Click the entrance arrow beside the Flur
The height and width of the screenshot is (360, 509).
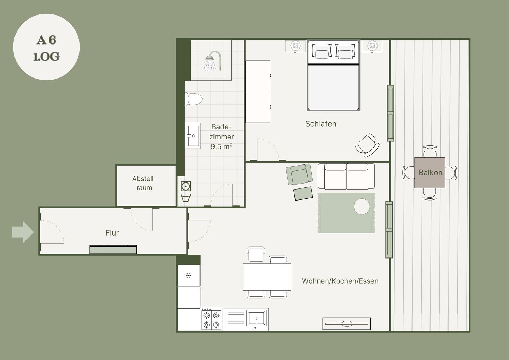(x=23, y=232)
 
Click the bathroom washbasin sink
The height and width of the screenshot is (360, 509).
(x=192, y=136)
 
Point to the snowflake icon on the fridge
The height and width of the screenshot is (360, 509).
(x=188, y=275)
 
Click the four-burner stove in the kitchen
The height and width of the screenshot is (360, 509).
(x=211, y=319)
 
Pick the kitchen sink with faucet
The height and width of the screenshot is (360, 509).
(x=246, y=319)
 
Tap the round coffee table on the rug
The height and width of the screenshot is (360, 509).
(x=362, y=207)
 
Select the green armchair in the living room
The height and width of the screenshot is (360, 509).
(x=299, y=174)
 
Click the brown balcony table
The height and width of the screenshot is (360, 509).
(x=430, y=173)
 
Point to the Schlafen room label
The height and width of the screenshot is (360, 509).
(x=321, y=124)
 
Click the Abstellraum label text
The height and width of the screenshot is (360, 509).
(x=144, y=183)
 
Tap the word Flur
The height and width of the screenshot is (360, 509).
(x=112, y=233)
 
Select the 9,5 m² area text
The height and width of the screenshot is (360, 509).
(x=222, y=147)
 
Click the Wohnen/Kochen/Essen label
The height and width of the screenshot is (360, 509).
(x=340, y=281)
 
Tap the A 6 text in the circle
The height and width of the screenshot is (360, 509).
(x=47, y=40)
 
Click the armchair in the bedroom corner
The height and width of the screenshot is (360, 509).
(x=368, y=145)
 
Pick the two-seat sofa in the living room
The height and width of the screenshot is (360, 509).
(x=346, y=176)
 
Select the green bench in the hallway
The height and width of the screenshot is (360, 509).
(x=113, y=249)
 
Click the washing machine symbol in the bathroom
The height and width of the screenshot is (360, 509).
(x=186, y=186)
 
